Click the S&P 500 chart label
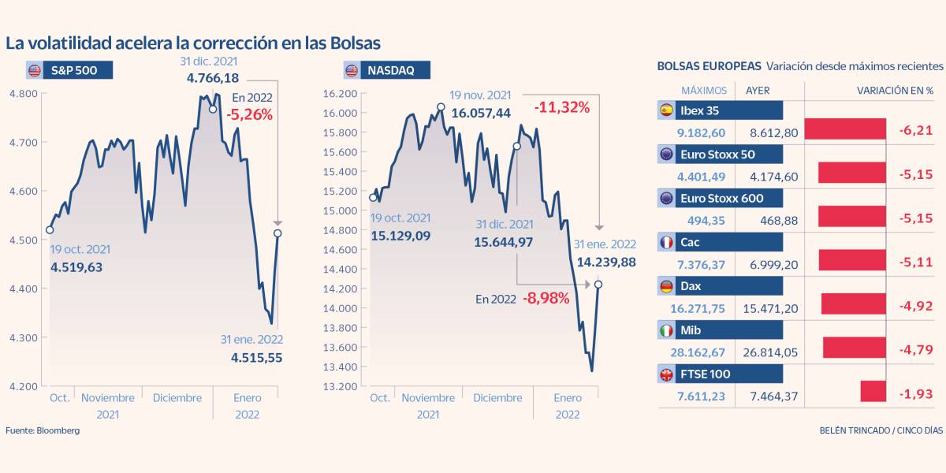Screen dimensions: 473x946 click(68, 70)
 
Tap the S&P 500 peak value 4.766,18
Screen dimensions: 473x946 click(213, 78)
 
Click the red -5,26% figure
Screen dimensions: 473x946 click(249, 114)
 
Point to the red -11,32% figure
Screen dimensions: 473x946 click(561, 107)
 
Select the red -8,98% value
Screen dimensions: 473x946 click(546, 299)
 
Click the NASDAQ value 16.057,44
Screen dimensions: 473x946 click(481, 114)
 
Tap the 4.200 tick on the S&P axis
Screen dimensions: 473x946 click(22, 386)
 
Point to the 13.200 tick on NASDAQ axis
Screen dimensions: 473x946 click(341, 386)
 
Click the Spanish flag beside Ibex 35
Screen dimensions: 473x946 click(666, 110)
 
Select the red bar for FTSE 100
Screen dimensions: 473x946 click(873, 392)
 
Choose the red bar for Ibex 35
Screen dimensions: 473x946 click(845, 129)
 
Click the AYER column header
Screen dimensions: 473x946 click(758, 91)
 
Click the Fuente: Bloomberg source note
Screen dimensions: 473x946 click(43, 430)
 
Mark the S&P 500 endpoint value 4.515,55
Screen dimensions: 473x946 click(256, 357)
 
